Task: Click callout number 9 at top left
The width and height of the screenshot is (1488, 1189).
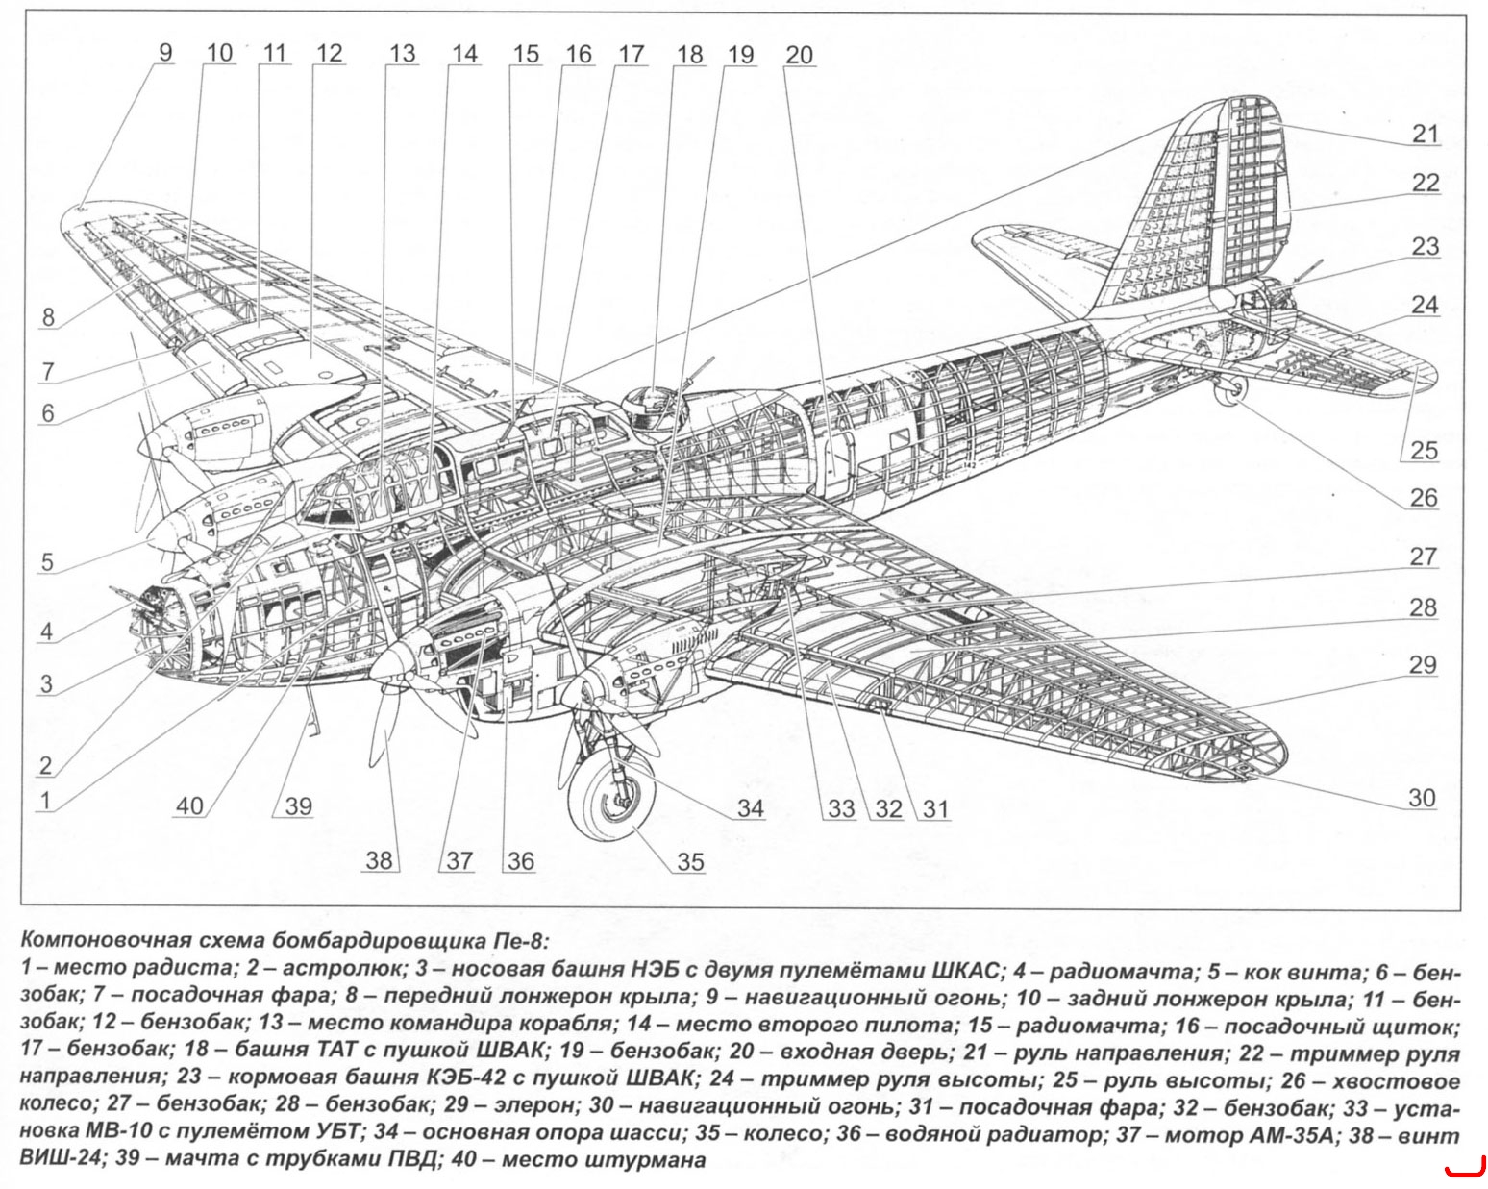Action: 165,53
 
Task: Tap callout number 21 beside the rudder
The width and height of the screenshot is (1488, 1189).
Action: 1425,134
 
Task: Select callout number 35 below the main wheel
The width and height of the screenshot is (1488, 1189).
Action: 690,862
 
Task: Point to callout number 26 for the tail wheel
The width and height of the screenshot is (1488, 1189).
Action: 1423,497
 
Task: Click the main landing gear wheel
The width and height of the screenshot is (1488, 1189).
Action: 611,796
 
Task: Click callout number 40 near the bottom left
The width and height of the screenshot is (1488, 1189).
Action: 189,805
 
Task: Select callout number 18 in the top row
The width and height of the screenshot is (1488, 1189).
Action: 689,54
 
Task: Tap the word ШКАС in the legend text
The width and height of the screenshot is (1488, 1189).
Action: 962,971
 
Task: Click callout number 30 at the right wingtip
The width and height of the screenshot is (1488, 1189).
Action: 1422,798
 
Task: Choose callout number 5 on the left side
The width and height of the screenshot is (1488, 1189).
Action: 47,561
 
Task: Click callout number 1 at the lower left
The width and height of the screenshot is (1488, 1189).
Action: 45,801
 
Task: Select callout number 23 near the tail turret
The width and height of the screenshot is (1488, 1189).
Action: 1425,246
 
